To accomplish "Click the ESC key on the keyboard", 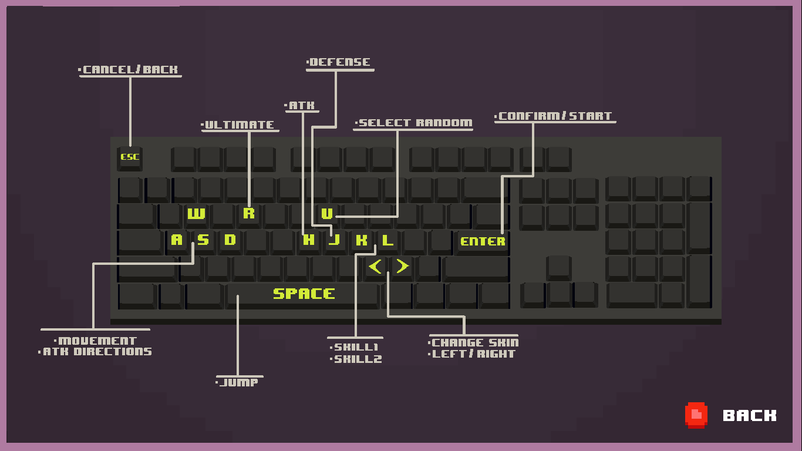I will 130,157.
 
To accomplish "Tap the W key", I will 196,214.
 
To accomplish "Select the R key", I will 249,213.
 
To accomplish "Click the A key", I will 177,240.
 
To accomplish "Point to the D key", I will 230,240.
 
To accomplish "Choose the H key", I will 309,240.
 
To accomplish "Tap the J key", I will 335,240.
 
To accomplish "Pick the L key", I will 387,240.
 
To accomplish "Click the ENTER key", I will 483,241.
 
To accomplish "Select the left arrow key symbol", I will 375,267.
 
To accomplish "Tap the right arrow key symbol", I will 402,267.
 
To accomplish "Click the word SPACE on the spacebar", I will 304,294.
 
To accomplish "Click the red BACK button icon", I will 696,415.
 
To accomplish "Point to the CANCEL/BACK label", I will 130,70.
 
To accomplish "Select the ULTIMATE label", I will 240,125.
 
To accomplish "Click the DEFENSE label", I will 339,62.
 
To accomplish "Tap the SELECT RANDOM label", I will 415,123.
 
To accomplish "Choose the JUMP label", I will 239,383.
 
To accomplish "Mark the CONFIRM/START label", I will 555,116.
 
